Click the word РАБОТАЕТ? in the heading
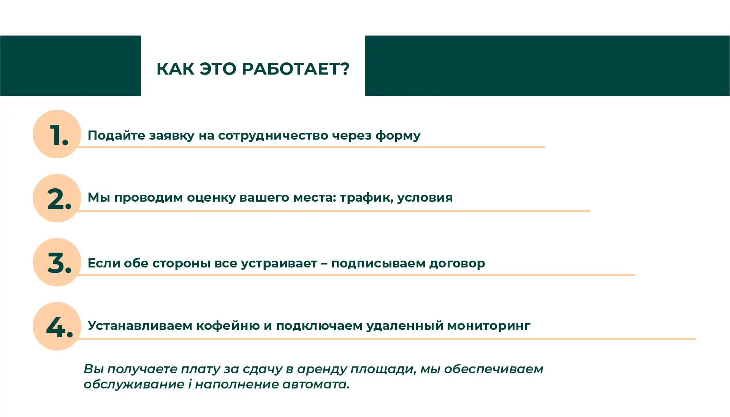click(x=295, y=69)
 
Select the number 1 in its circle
click(x=57, y=135)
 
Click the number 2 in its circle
click(x=57, y=199)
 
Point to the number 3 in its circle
click(x=57, y=263)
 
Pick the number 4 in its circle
click(x=57, y=327)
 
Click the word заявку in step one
click(x=171, y=136)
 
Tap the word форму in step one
click(x=398, y=136)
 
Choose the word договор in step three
click(x=457, y=263)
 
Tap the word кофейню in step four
click(x=228, y=326)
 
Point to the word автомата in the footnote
click(x=315, y=384)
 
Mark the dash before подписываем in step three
click(x=324, y=263)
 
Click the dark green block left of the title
click(x=70, y=65)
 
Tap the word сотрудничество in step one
click(x=273, y=136)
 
